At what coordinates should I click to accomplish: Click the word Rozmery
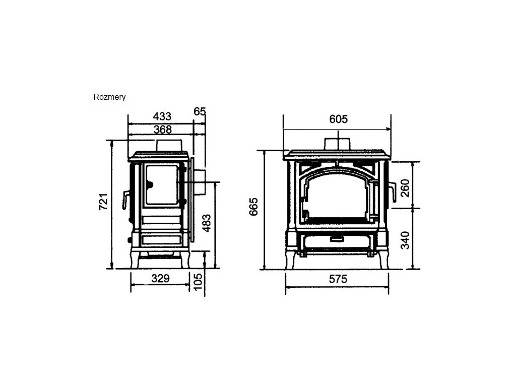[109, 97]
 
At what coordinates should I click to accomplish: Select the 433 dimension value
[162, 117]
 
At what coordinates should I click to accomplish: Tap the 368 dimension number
[162, 130]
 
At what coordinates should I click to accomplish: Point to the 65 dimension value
[200, 112]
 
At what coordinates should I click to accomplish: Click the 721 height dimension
[103, 202]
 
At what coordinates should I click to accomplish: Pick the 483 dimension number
[207, 223]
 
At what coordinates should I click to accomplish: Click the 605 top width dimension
[339, 119]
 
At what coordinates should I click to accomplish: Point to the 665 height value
[254, 207]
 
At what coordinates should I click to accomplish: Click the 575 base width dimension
[338, 279]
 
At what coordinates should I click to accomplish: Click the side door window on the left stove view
[161, 184]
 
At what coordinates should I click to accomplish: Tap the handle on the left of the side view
[124, 199]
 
